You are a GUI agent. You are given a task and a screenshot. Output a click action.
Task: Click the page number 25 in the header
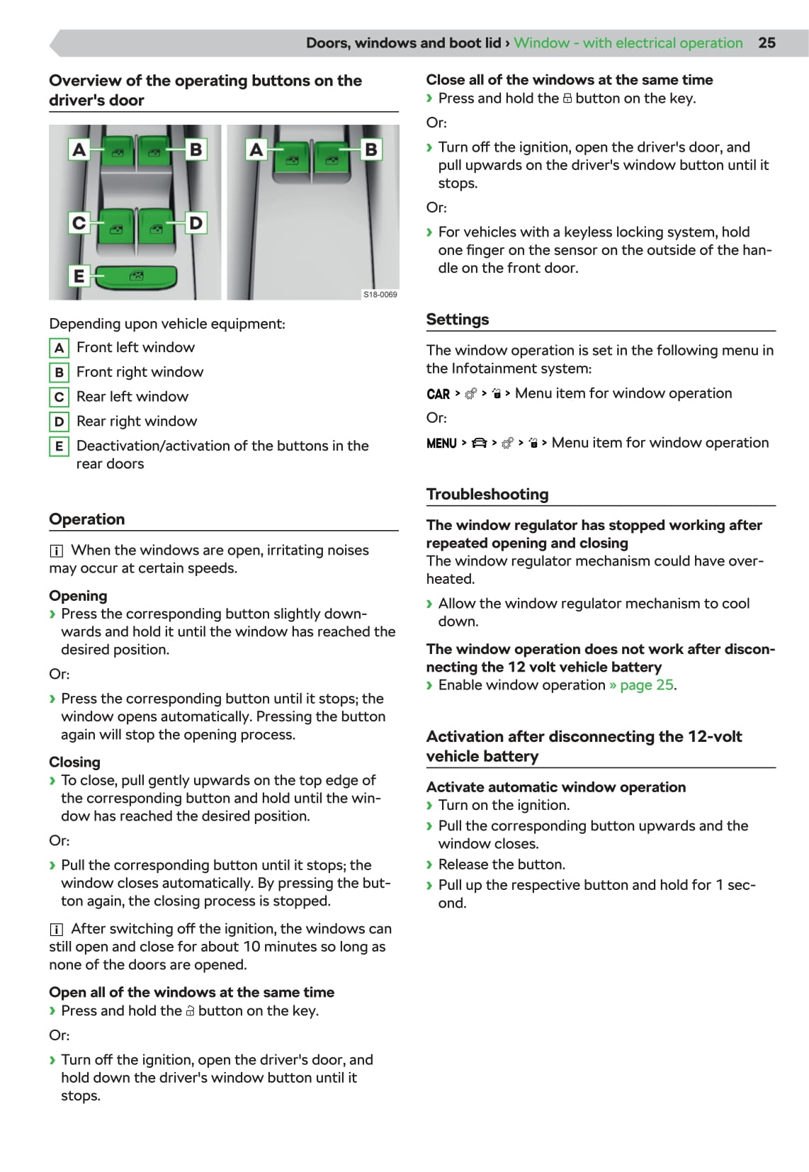pos(766,43)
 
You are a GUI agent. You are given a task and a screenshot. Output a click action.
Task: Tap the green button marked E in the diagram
pos(135,277)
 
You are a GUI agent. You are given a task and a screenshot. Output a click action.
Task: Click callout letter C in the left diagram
pos(79,223)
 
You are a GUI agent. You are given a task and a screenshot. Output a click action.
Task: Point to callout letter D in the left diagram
pos(196,223)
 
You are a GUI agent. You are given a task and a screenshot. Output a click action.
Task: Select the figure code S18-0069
pos(380,294)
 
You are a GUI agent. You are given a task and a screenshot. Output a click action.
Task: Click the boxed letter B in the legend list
pos(59,372)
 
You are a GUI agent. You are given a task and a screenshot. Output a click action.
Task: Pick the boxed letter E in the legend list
pos(59,446)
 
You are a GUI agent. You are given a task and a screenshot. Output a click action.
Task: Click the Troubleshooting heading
pos(487,494)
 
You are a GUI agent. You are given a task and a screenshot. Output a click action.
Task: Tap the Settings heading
pos(458,319)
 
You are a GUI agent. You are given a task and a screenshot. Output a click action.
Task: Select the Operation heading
pos(87,519)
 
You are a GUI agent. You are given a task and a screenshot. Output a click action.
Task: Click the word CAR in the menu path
pos(439,394)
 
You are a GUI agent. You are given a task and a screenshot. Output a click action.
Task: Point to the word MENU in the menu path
pos(441,444)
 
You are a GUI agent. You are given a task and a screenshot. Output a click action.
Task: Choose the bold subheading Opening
pos(78,595)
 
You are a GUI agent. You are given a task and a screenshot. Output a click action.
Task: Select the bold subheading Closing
pos(74,762)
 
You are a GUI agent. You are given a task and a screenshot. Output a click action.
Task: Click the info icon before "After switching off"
pos(57,929)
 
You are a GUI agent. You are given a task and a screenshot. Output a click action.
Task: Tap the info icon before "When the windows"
pos(57,551)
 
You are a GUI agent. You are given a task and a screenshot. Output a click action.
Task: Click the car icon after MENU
pos(480,444)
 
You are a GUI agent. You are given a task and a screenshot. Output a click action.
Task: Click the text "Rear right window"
pos(137,421)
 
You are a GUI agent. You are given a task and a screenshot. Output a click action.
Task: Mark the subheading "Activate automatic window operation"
pos(556,787)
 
